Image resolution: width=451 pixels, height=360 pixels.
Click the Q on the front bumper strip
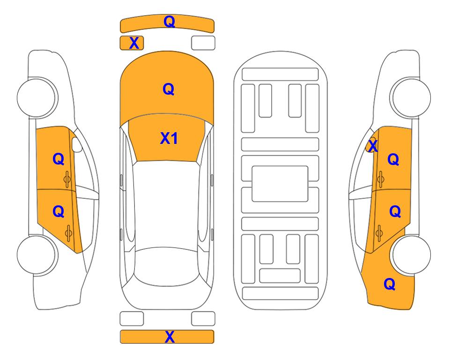pos(169,22)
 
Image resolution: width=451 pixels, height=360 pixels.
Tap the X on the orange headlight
pos(134,43)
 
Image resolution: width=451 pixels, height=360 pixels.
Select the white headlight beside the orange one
pos(203,43)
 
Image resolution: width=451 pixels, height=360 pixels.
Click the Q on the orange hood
pos(169,89)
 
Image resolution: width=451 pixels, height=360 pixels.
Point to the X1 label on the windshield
pos(169,138)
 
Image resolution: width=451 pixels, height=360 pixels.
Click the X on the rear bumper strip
pos(170,337)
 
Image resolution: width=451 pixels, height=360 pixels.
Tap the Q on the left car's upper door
pos(58,159)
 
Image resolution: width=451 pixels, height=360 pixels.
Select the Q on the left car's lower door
pos(58,212)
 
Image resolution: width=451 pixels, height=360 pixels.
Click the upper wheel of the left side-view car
pos(37,97)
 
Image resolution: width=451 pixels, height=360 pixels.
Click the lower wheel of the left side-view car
pos(37,255)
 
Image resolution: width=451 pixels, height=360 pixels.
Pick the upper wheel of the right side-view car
pos(410,97)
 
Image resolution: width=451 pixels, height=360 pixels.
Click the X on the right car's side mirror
pos(373,146)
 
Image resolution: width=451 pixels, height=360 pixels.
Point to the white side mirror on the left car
pos(77,145)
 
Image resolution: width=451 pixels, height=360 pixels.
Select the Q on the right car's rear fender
pos(390,284)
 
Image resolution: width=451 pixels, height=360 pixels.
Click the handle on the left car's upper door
pos(67,179)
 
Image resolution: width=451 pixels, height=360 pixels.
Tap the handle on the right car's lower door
pos(379,233)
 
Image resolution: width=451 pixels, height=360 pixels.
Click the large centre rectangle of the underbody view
pos(280,184)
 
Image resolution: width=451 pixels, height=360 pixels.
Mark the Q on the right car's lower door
pos(395,212)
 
